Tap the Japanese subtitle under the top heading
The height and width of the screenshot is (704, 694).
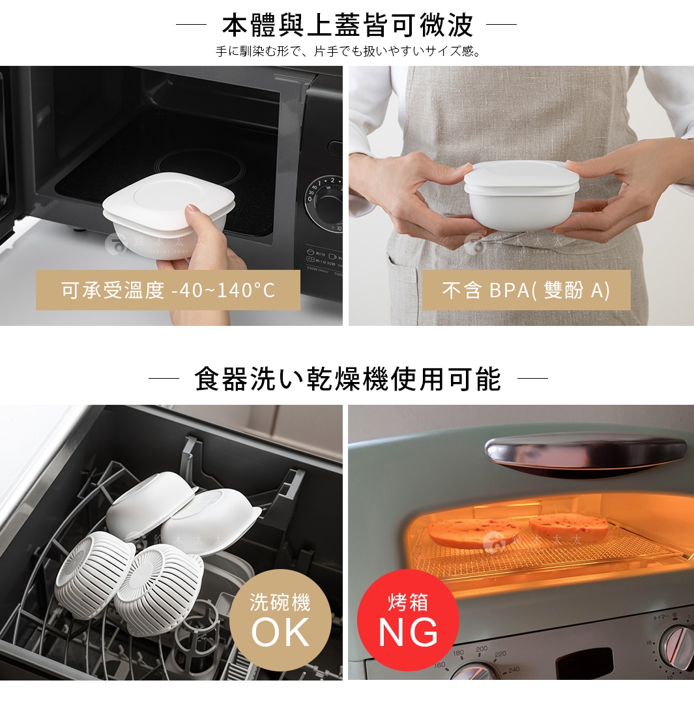click(347, 51)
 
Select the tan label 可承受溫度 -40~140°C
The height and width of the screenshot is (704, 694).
click(167, 290)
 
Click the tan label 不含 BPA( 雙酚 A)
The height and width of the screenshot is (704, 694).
click(526, 290)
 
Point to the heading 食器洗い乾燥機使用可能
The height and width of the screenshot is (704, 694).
click(347, 379)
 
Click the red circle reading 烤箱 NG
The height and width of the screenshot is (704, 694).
click(408, 619)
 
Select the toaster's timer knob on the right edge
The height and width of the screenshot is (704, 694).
click(678, 645)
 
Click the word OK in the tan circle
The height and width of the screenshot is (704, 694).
click(280, 631)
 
